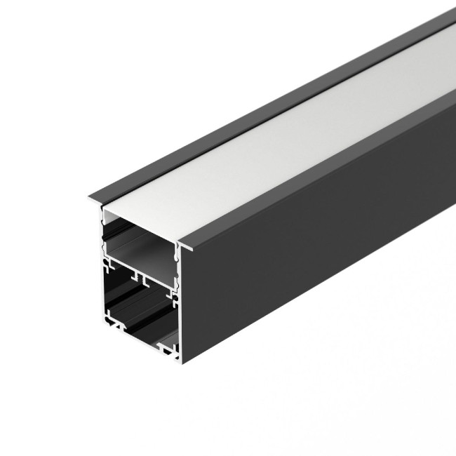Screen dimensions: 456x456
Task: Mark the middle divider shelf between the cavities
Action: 140,276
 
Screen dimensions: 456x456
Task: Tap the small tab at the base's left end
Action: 112,324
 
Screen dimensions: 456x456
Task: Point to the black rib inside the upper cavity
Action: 140,249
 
